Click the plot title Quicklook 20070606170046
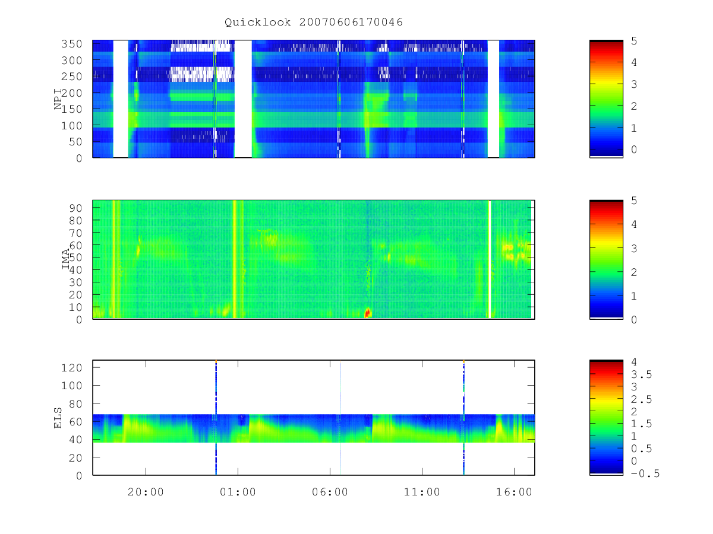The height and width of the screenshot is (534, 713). [314, 23]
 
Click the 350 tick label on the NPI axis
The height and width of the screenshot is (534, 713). [72, 44]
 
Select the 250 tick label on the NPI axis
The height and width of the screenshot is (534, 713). [72, 77]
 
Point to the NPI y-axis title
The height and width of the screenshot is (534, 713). [58, 99]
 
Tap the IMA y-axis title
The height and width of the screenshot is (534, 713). [65, 259]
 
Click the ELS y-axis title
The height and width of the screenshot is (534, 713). [58, 418]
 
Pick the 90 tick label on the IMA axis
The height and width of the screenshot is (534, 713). [75, 208]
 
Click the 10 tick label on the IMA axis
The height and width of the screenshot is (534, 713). [75, 307]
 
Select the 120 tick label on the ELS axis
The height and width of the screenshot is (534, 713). [72, 368]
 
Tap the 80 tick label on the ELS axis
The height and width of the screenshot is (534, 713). [75, 404]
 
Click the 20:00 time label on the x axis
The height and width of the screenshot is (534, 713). [146, 492]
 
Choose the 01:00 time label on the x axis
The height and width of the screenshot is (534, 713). [238, 492]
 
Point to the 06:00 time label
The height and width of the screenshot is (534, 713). [330, 492]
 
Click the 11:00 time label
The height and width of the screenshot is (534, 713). [422, 492]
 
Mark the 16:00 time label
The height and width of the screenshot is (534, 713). [514, 492]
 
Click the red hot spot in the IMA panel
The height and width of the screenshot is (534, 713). [368, 313]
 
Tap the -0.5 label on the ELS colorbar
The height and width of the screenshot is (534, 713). [645, 473]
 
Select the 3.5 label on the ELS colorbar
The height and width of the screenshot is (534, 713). [641, 375]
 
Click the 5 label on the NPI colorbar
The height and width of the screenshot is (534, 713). [634, 41]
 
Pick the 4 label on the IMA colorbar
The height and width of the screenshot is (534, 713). [634, 224]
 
